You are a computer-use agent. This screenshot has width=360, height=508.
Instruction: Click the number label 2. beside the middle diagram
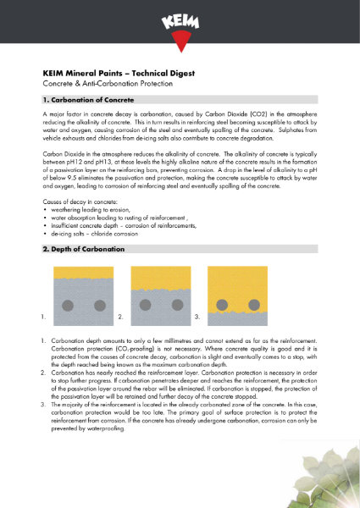pyautogui.click(x=120, y=317)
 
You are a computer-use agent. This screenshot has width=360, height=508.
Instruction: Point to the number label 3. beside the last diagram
pyautogui.click(x=197, y=317)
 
